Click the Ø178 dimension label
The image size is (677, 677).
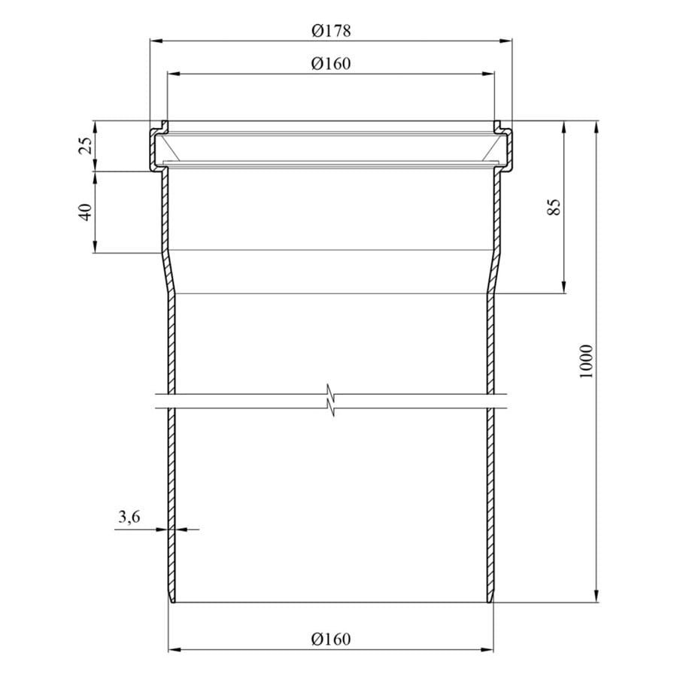(331, 31)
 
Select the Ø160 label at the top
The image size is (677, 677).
(331, 64)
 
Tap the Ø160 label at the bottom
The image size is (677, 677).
(331, 639)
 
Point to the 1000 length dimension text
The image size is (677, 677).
(586, 362)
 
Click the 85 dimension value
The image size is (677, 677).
(554, 206)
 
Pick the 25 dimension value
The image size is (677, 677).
(86, 145)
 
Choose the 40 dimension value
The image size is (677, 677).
(86, 212)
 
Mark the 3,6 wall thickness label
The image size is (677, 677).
(129, 516)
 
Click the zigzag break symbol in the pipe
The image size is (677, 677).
(331, 400)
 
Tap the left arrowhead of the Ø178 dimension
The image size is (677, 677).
(156, 41)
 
